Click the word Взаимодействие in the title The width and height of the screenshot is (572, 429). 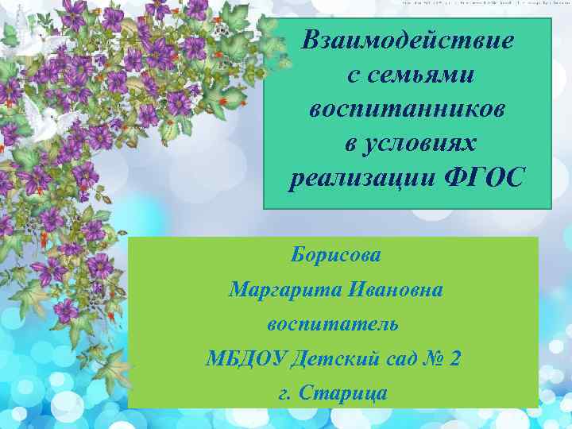coord(408,39)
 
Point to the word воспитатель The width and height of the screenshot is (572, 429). coord(333,324)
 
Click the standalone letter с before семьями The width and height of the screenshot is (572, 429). coord(353,75)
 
